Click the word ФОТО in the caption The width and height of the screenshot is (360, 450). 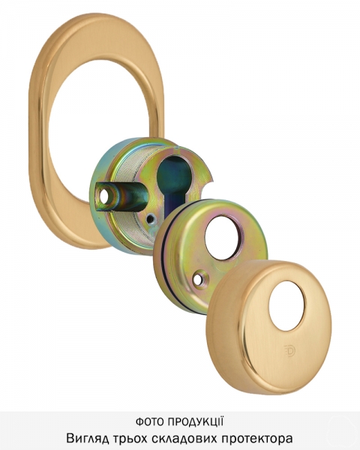[x=149, y=421]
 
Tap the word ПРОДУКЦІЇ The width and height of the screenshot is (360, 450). [x=196, y=421]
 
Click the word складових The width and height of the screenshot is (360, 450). [x=184, y=439]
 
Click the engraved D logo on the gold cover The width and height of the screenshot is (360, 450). [x=289, y=350]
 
